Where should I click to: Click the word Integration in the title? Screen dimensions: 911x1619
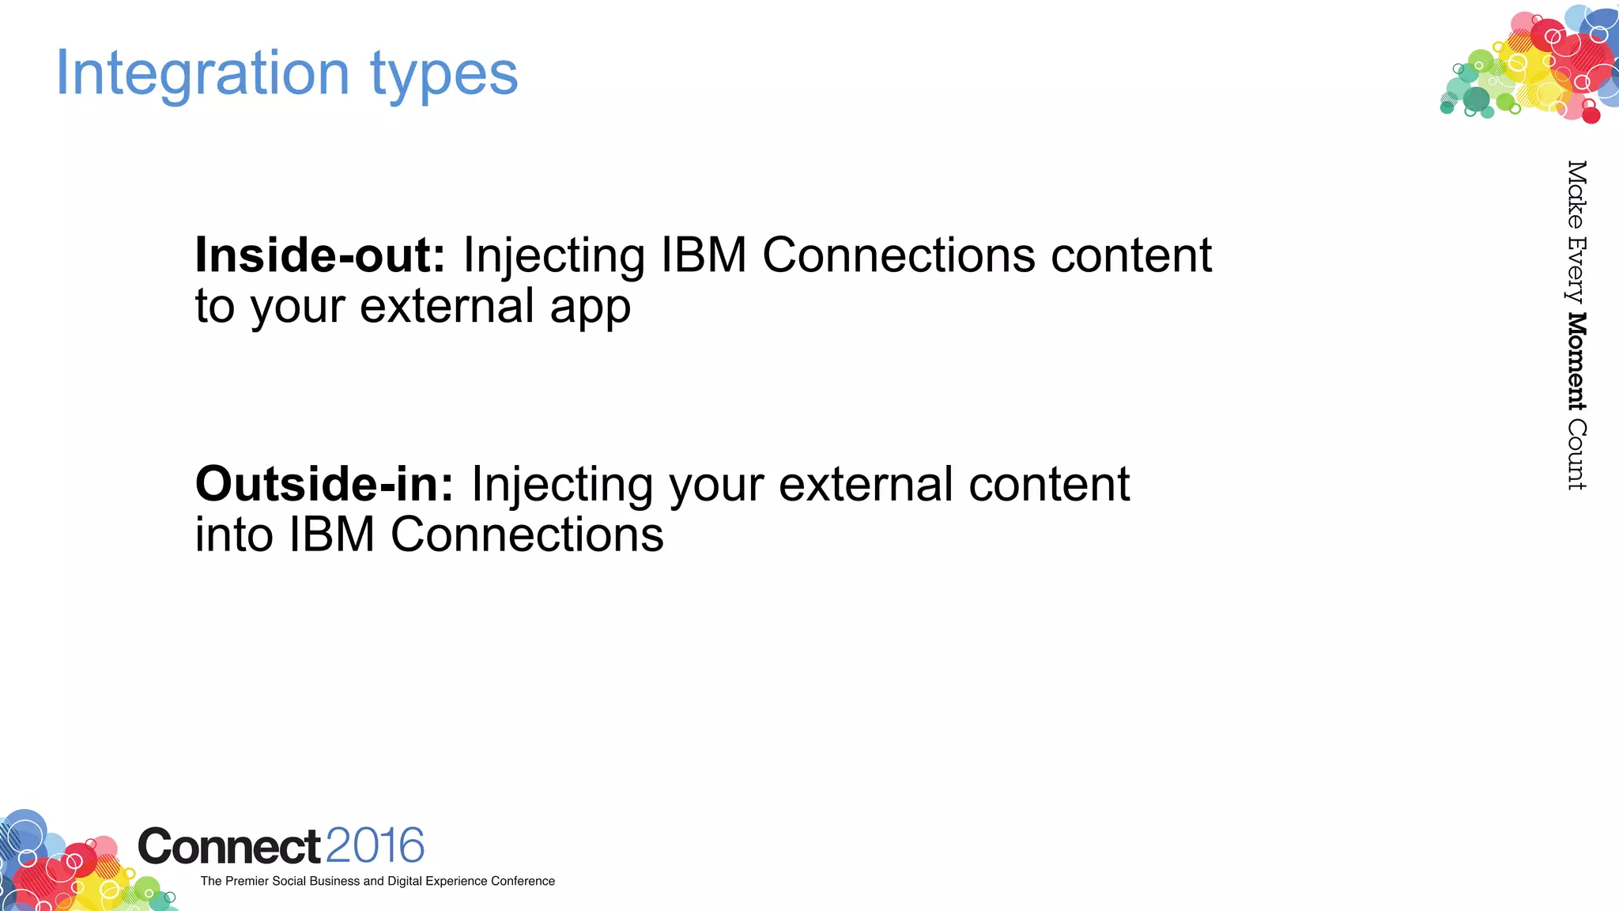coord(202,73)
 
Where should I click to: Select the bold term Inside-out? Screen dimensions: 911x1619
coord(320,255)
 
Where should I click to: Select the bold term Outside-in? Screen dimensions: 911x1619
coord(324,484)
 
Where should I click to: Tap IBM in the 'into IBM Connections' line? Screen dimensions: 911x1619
coord(331,535)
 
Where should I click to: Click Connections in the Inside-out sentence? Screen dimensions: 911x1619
coord(898,255)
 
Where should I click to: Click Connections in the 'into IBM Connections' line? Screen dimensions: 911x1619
coord(526,535)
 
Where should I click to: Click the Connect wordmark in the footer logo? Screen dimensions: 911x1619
coord(229,847)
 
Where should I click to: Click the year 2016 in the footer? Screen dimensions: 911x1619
coord(375,845)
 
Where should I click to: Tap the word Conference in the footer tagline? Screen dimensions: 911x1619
coord(523,881)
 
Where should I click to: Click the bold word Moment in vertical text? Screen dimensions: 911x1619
coord(1576,361)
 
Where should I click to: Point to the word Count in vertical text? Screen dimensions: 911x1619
coord(1576,455)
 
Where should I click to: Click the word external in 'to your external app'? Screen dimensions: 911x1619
coord(447,306)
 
